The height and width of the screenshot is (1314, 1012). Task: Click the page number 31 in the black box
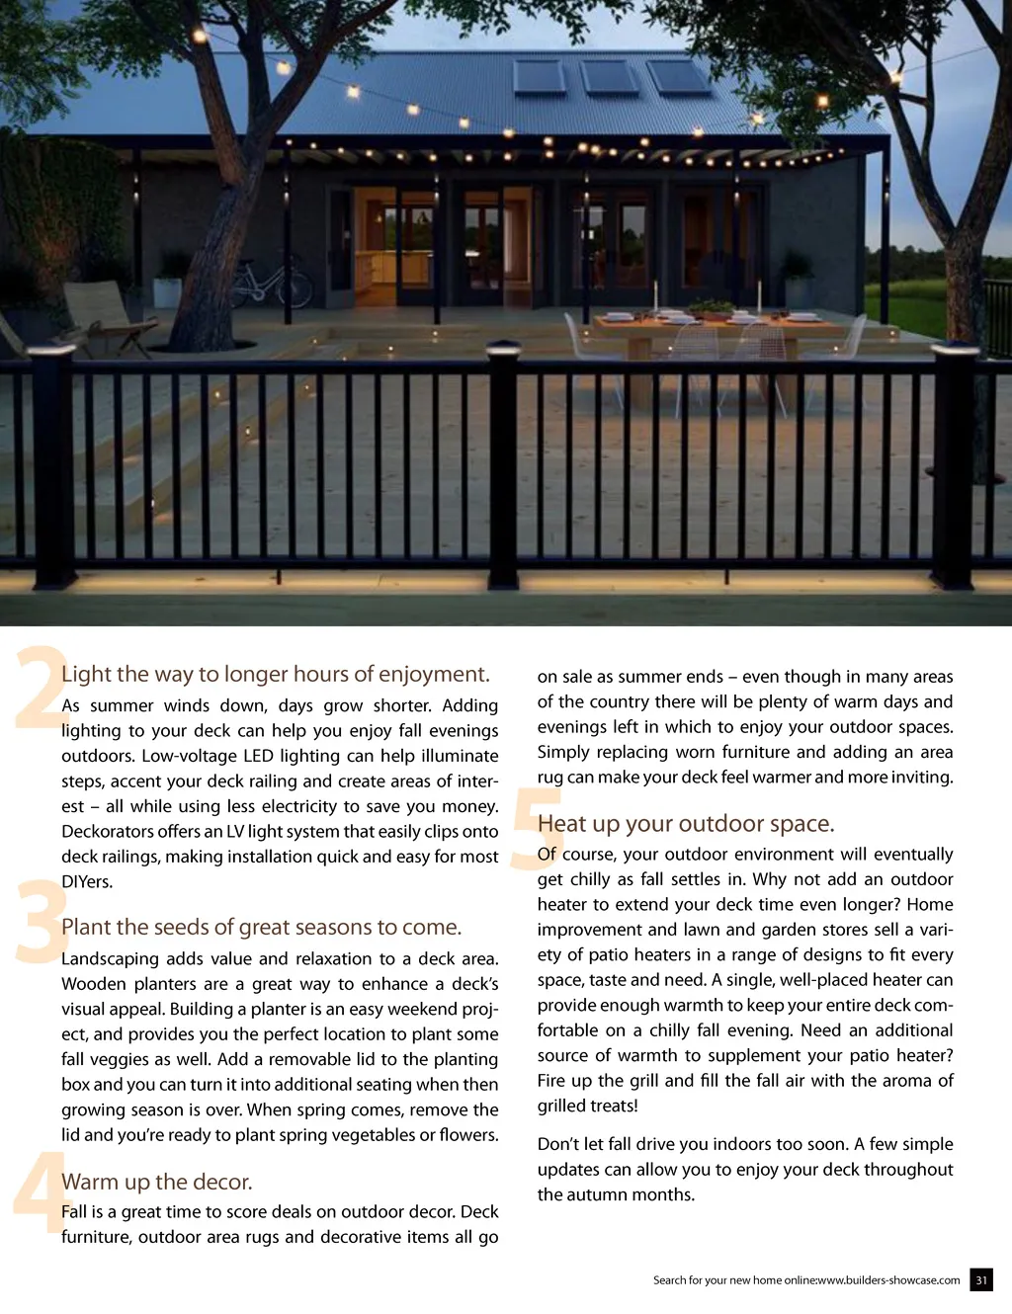click(x=980, y=1279)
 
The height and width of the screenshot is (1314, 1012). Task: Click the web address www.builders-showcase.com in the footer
click(x=888, y=1280)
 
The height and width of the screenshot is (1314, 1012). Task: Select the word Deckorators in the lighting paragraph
click(x=107, y=832)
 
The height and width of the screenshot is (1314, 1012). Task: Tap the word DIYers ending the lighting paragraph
click(x=86, y=882)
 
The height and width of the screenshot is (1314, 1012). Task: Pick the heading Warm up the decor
click(x=156, y=1182)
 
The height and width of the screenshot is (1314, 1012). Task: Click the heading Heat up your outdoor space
click(x=686, y=824)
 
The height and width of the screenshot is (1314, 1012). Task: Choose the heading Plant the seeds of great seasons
click(x=261, y=928)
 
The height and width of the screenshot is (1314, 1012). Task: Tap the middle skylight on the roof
click(x=609, y=77)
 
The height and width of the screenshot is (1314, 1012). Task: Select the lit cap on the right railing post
click(x=955, y=353)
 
